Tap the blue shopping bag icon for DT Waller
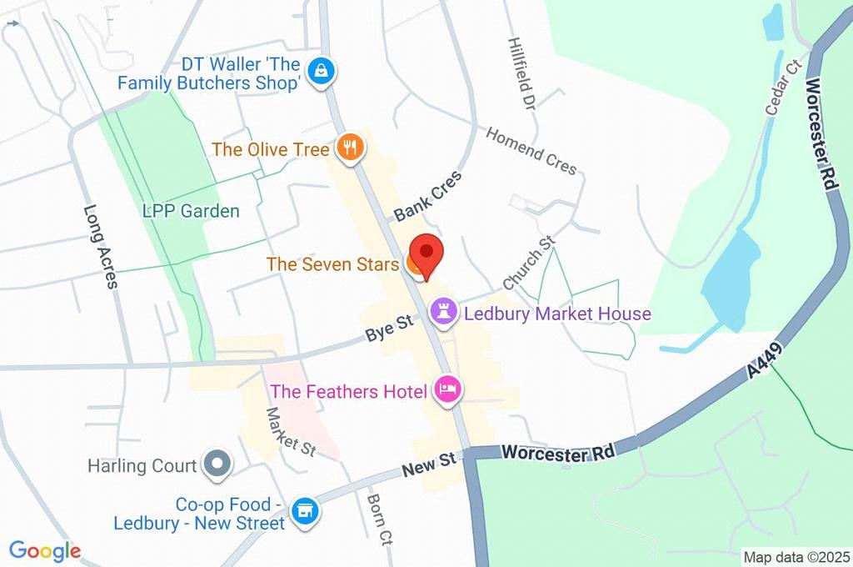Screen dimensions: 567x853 coord(321,72)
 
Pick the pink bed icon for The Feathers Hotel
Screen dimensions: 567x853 coord(448,389)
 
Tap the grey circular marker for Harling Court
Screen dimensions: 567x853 coord(217,464)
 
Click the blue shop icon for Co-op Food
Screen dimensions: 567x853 coord(305,511)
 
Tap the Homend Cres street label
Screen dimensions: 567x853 coord(531,150)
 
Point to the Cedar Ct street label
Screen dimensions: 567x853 coord(783,87)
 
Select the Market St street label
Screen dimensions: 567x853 coord(291,432)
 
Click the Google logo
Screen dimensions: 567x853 coord(45,550)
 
